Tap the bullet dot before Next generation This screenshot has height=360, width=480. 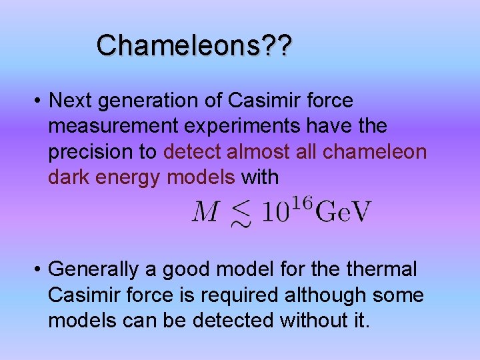coord(39,101)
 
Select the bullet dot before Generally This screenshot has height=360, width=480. coord(39,270)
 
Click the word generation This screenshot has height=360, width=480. coord(159,101)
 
